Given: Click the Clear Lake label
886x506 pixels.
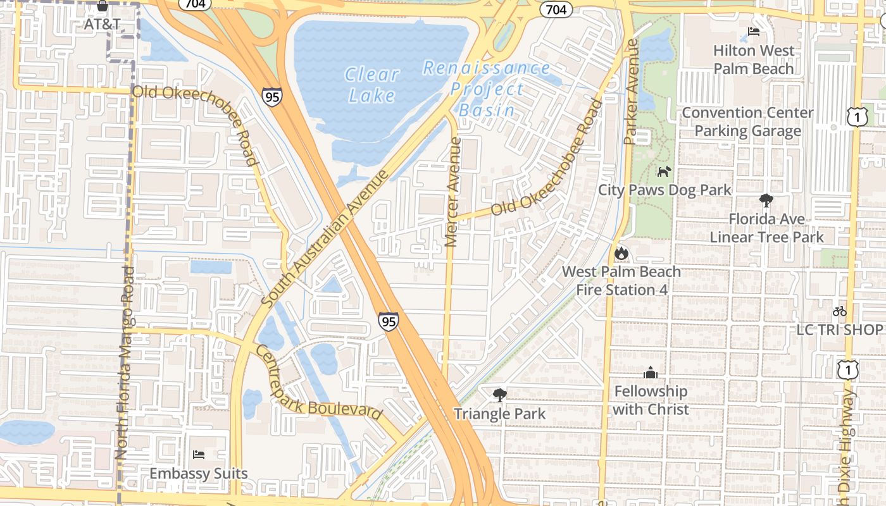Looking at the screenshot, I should click(372, 84).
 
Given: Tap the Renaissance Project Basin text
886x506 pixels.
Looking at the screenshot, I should click(487, 89).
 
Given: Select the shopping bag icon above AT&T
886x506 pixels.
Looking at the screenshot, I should click(103, 6).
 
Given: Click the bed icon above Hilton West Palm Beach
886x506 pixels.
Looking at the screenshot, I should click(753, 32).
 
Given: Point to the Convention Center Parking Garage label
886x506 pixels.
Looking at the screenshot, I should click(748, 121).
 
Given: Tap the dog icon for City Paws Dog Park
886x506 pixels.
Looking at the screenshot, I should click(664, 171).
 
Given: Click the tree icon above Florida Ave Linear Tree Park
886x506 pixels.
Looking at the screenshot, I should click(766, 201).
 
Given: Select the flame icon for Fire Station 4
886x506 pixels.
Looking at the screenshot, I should click(621, 253).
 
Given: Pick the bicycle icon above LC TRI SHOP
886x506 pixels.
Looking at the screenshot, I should click(840, 311).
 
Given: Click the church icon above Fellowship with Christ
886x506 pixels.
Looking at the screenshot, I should click(651, 373).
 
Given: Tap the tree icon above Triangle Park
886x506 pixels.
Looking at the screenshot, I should click(499, 395).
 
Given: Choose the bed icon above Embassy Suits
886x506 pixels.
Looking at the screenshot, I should click(199, 455).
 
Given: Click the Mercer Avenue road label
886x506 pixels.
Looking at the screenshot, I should click(451, 192).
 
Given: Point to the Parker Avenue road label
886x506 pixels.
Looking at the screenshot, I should click(630, 92).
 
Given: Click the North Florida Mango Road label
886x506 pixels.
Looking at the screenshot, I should click(125, 362).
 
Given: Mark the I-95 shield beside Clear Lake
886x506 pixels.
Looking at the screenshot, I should click(271, 97).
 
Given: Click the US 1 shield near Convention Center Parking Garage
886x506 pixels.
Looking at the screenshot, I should click(856, 116).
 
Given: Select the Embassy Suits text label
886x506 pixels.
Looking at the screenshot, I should click(199, 473).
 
